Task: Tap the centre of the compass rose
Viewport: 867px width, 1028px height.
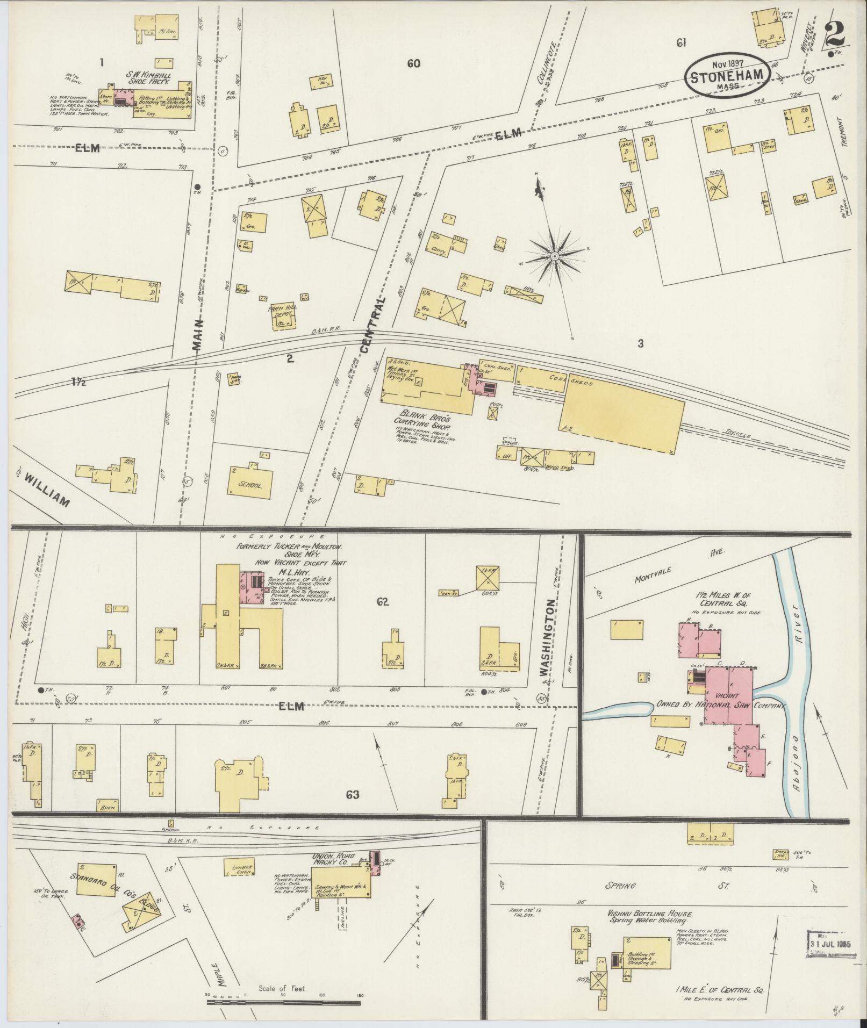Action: (554, 257)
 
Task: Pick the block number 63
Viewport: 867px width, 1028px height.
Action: (352, 795)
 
